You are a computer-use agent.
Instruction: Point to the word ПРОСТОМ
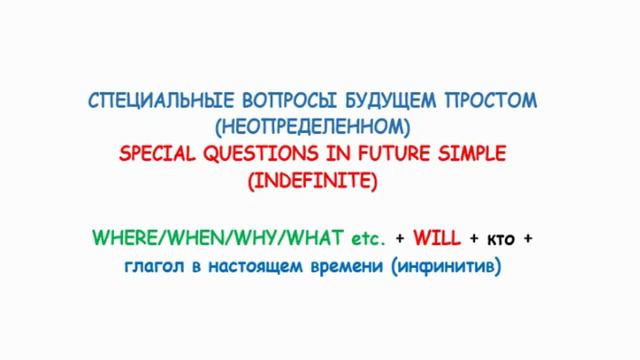click(490, 101)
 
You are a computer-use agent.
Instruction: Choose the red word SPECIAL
click(158, 154)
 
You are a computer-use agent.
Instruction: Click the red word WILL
click(435, 239)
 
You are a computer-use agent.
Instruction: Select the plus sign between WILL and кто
click(474, 239)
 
